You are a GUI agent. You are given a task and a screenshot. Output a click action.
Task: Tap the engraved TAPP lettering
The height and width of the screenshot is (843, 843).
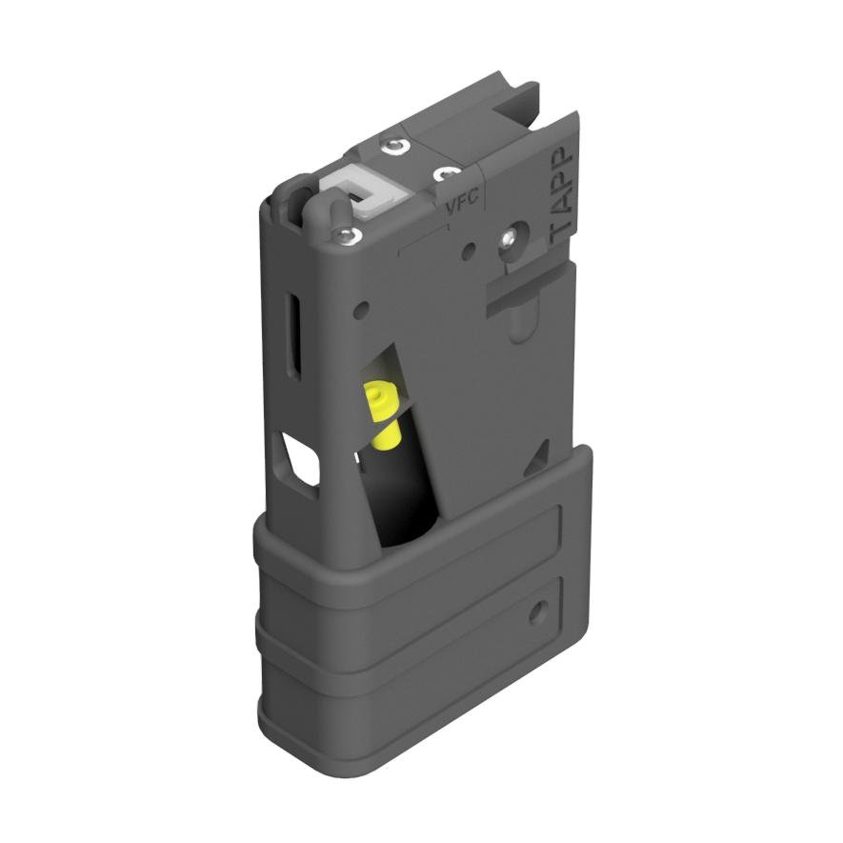click(x=562, y=190)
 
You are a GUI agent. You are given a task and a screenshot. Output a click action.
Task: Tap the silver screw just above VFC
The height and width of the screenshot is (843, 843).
click(x=444, y=174)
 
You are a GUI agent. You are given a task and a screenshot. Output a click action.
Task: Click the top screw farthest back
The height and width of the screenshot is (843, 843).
click(x=392, y=146)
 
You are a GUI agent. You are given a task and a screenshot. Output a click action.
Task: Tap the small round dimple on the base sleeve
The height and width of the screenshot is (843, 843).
click(x=539, y=611)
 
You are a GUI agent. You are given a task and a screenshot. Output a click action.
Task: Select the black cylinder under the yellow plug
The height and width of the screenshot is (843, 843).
click(x=405, y=495)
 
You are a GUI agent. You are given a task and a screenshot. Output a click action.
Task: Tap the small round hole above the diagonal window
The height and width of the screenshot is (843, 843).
click(x=363, y=309)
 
